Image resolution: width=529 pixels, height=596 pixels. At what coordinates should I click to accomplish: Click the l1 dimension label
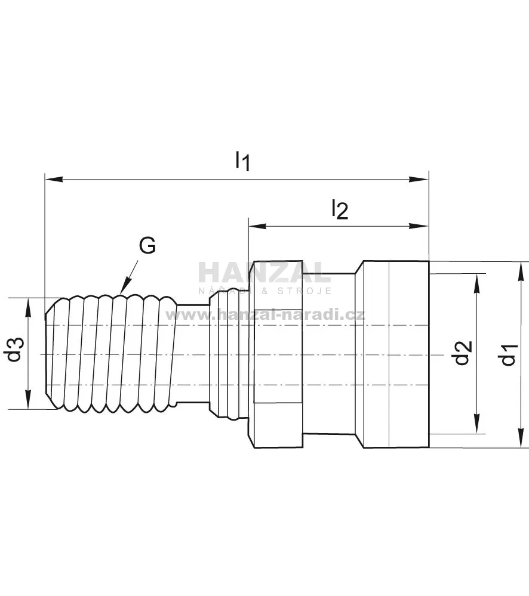click(242, 161)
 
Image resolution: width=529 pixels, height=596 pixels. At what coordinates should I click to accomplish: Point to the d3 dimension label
click(15, 350)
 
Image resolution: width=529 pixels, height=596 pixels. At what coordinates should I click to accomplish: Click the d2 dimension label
click(463, 353)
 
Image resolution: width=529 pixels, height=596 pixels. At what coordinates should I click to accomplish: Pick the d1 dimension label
click(509, 354)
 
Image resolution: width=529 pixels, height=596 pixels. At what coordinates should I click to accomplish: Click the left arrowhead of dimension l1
click(54, 178)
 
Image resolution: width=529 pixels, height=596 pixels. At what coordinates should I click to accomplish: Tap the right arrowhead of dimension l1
click(420, 178)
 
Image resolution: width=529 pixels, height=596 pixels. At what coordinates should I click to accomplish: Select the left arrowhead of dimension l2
click(257, 226)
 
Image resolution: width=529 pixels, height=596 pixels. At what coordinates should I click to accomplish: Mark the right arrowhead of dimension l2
click(420, 226)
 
